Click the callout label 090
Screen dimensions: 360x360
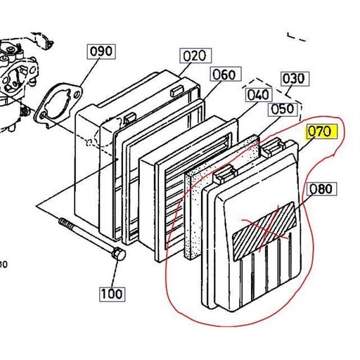click(x=100, y=52)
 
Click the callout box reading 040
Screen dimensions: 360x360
click(x=258, y=94)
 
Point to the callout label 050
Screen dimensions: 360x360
click(x=281, y=109)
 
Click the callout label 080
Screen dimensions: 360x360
click(x=321, y=188)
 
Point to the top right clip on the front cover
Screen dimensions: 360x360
click(x=272, y=146)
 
